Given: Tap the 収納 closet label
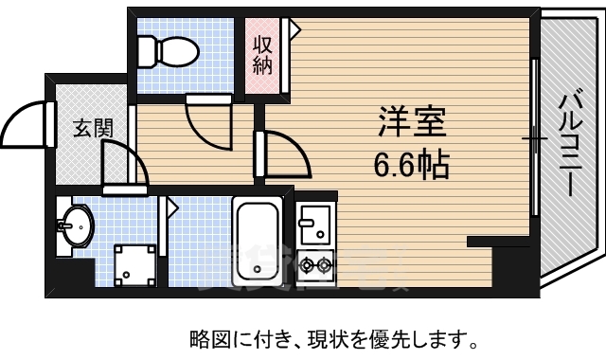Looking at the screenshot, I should click(x=262, y=54).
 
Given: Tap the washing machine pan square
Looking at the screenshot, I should click(x=135, y=263).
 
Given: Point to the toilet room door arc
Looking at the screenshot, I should click(x=206, y=121).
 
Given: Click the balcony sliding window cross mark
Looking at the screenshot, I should click(x=536, y=139).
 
